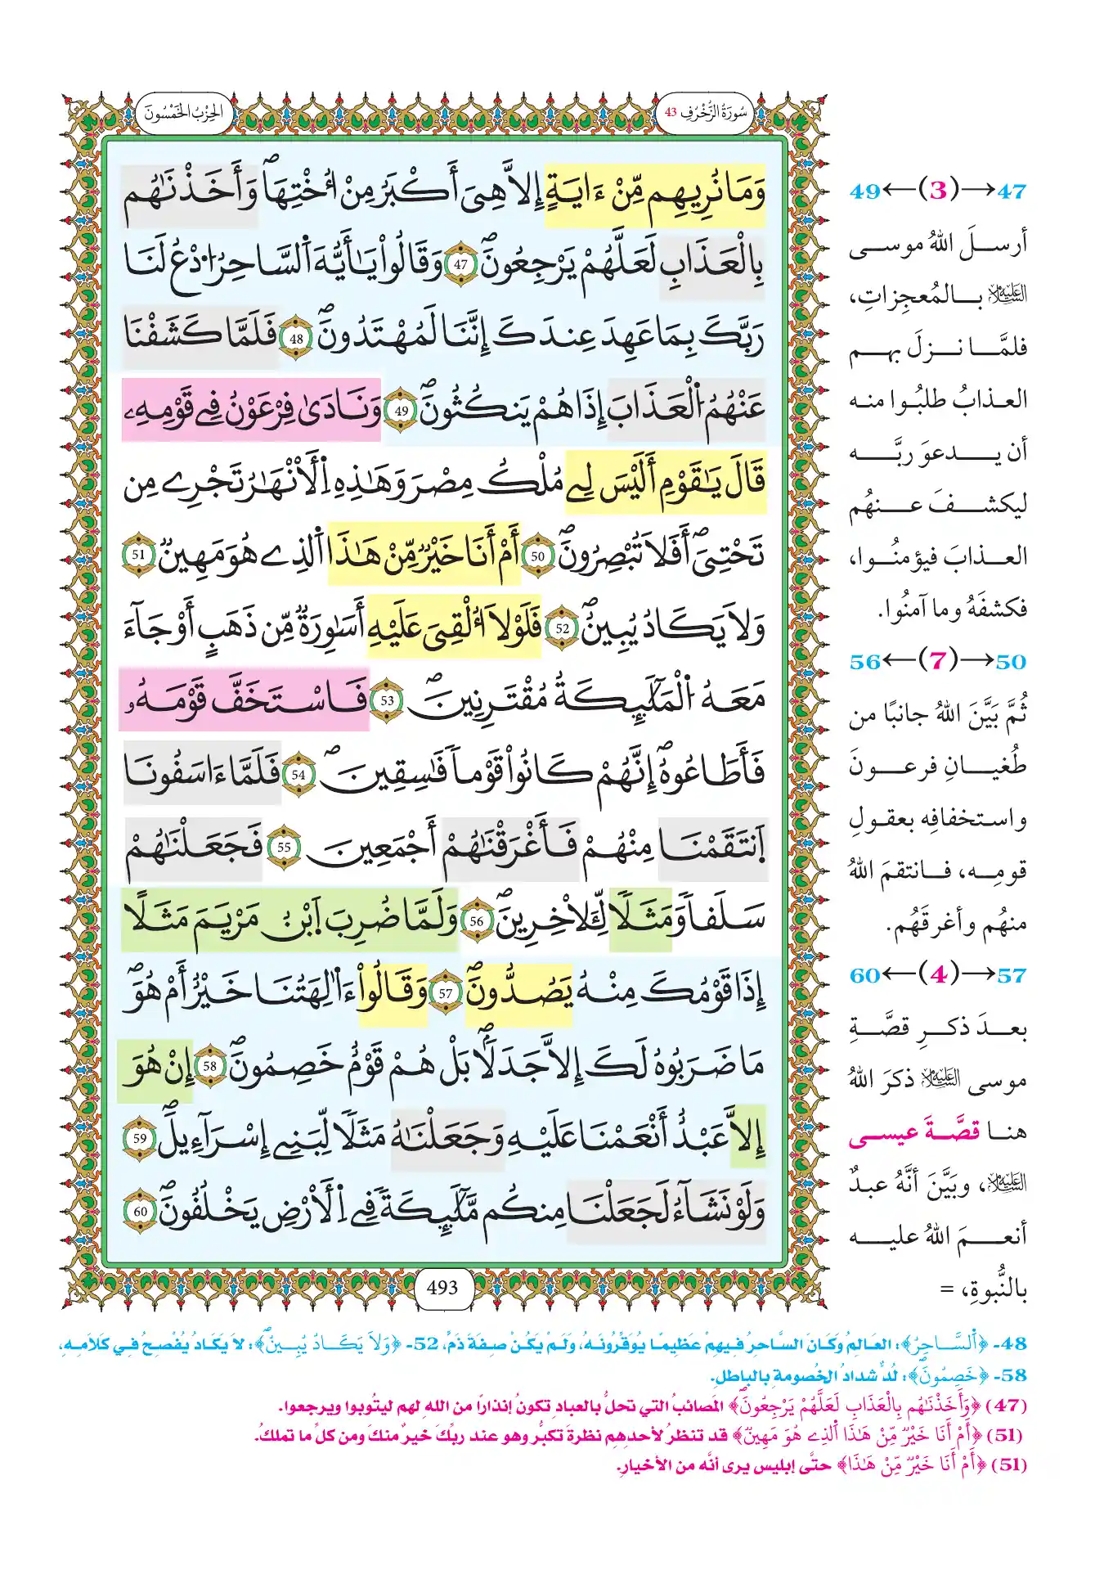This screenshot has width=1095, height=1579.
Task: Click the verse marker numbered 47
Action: pos(461,265)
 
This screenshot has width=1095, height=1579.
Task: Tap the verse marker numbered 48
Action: pos(296,339)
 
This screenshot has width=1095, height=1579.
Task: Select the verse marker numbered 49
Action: pos(401,412)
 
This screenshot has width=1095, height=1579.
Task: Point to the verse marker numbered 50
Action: pos(537,556)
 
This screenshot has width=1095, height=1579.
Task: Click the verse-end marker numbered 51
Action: pos(139,555)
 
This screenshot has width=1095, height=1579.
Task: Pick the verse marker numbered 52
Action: pos(562,628)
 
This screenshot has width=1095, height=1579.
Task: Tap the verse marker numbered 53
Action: pos(387,701)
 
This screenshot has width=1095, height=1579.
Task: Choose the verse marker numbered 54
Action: pos(298,774)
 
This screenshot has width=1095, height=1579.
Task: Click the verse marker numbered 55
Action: pos(284,848)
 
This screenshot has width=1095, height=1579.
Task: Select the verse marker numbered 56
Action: pos(476,921)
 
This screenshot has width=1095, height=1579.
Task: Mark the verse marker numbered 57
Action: pos(445,994)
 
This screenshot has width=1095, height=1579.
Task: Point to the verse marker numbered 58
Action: pos(210,1066)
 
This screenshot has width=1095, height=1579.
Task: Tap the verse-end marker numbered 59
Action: pos(140,1138)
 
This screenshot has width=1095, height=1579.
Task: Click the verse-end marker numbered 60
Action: pos(141,1211)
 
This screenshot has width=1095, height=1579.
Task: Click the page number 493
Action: pos(442,1288)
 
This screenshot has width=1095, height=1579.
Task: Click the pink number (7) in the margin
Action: pos(938,661)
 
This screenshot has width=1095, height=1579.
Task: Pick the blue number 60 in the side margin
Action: pos(865,975)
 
